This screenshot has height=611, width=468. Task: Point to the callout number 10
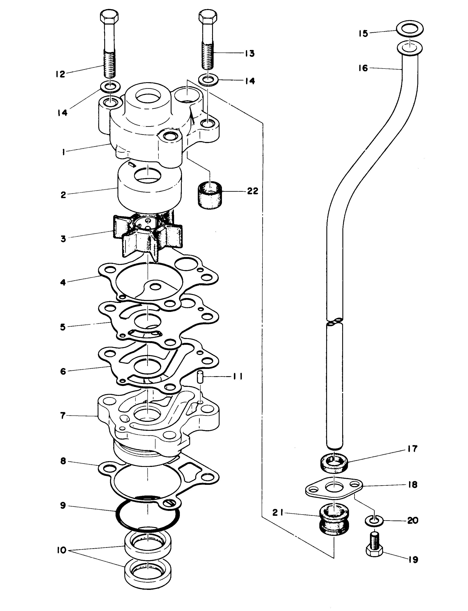coord(61,550)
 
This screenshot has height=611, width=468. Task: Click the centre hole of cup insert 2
coord(148,177)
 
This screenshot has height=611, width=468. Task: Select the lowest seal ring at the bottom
coord(148,574)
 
